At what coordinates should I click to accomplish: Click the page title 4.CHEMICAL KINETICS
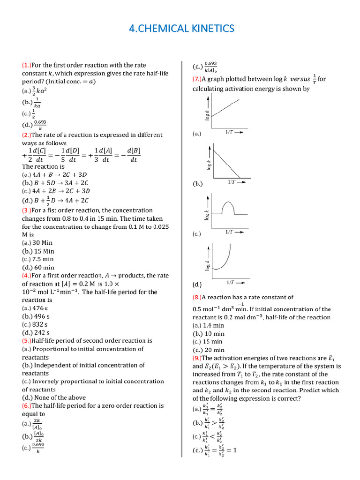180,29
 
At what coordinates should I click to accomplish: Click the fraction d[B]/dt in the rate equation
134,155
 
